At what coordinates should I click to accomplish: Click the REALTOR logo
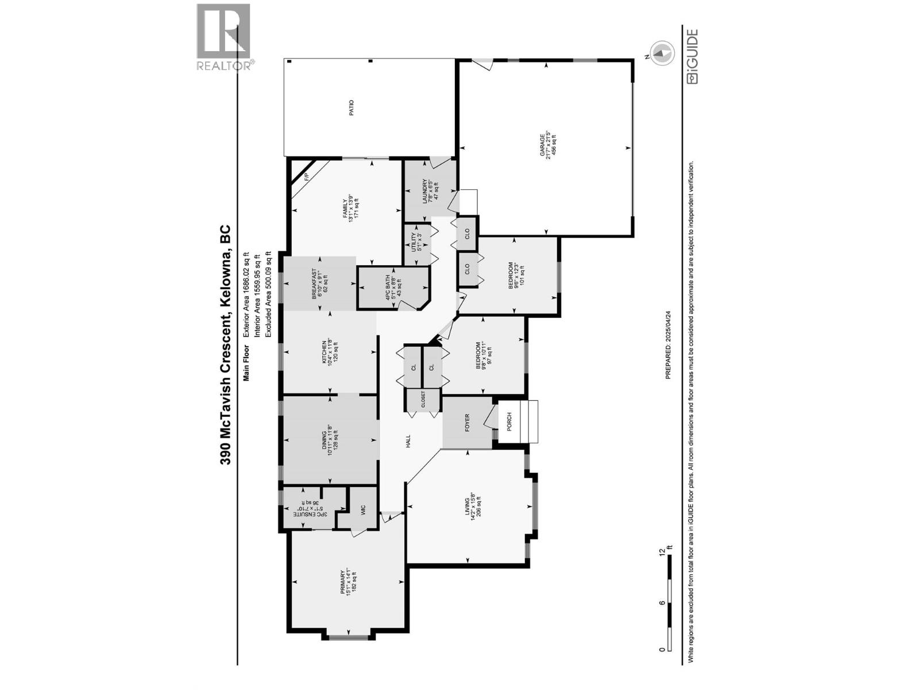tap(223, 37)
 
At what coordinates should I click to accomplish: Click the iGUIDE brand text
tap(693, 57)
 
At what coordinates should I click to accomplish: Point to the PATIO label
tap(352, 108)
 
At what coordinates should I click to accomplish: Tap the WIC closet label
tap(363, 510)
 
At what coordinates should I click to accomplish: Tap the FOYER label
tap(467, 423)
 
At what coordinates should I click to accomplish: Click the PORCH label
tap(509, 423)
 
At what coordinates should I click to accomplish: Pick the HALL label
tap(408, 441)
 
